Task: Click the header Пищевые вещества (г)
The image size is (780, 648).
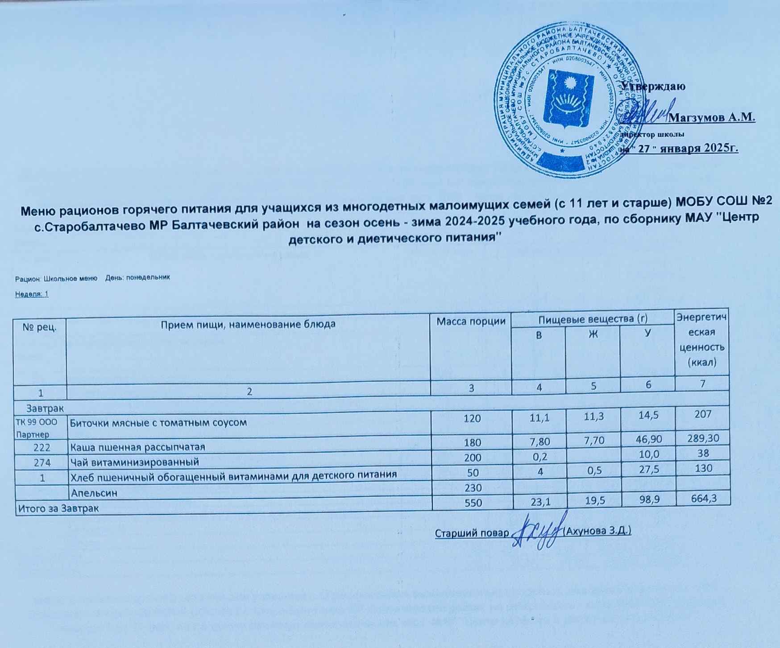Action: coord(593,319)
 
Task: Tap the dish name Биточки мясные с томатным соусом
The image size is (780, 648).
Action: coord(158,422)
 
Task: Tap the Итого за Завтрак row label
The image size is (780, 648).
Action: coord(58,508)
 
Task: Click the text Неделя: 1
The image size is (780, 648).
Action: coord(32,294)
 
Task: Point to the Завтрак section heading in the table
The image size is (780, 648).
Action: coord(45,408)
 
